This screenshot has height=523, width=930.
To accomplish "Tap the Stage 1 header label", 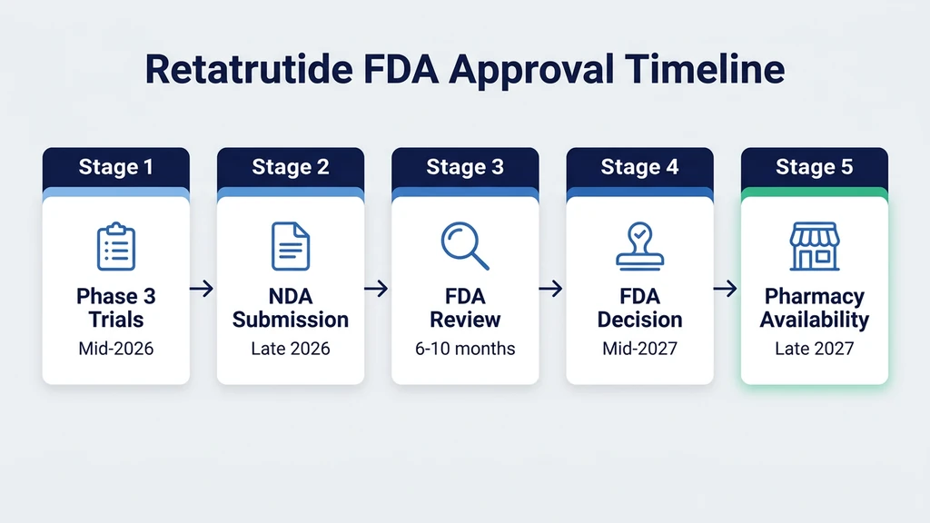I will [115, 166].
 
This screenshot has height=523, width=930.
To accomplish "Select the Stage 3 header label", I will [465, 166].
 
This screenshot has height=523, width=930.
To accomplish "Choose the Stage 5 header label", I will [815, 166].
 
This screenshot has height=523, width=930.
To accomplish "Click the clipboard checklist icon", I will [116, 246].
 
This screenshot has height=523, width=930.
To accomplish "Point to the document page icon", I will [291, 246].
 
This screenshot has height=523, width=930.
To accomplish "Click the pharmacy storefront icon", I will [815, 247].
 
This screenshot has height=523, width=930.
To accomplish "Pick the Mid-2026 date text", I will [116, 349].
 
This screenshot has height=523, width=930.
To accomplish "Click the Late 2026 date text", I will [291, 349].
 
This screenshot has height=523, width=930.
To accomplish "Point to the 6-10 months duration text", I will [465, 349].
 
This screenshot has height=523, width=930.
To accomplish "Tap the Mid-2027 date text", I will [640, 349].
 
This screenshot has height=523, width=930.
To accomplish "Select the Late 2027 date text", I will [815, 349].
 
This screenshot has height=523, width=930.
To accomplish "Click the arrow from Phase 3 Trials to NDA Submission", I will [203, 289].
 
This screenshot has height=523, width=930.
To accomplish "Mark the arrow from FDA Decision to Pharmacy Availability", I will [726, 289].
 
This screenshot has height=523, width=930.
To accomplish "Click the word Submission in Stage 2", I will [291, 320].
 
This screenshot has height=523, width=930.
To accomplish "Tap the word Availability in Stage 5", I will [815, 320].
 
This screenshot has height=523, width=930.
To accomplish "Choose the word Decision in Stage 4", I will [640, 320].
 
